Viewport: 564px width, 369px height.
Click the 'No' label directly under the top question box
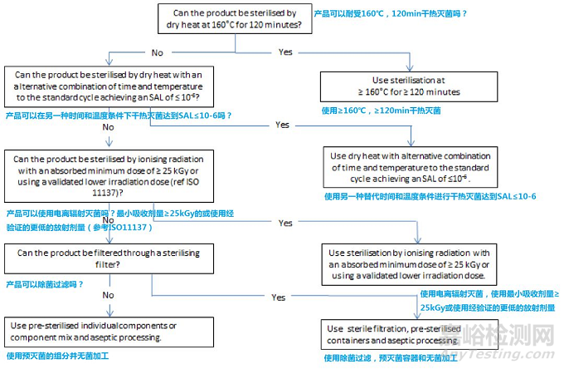pos(156,52)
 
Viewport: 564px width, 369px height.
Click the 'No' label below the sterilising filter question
pos(108,294)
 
